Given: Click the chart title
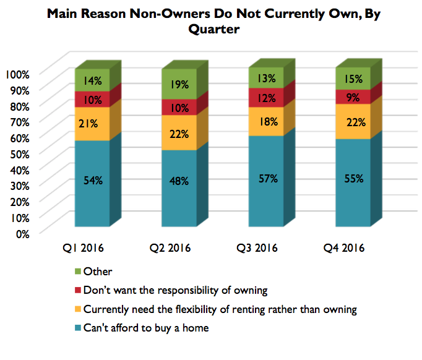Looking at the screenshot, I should pos(211,21).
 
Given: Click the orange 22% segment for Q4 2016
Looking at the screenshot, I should pos(353,121).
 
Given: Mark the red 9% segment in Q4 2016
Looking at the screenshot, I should pos(353,96).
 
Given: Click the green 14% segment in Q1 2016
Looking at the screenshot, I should pos(92,80).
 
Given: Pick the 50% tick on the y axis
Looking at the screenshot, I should pos(19,153).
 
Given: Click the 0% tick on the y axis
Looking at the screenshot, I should pos(22,233).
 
